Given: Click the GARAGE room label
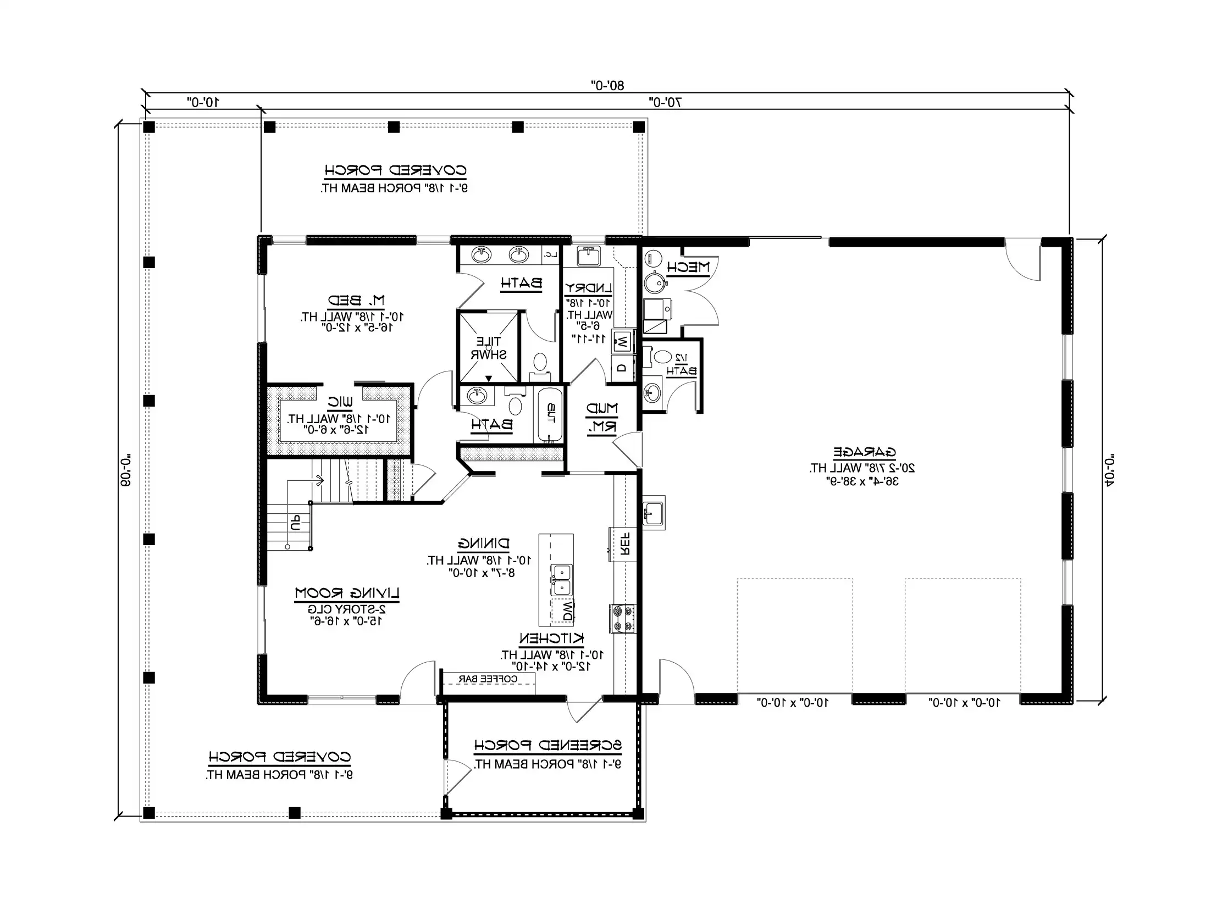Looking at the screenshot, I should pyautogui.click(x=864, y=452).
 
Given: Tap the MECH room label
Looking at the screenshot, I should pyautogui.click(x=688, y=267).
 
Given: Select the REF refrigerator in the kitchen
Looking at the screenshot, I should pyautogui.click(x=623, y=544).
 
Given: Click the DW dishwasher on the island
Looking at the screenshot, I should pyautogui.click(x=567, y=612).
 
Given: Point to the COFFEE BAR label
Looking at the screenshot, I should pyautogui.click(x=488, y=679).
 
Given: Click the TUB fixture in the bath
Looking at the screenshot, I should pyautogui.click(x=550, y=414).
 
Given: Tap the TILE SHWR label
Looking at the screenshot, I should pyautogui.click(x=488, y=348).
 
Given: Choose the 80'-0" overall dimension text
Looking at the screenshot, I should pyautogui.click(x=607, y=85).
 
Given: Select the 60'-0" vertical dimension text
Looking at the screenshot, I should pyautogui.click(x=126, y=470).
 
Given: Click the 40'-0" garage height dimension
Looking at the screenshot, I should pyautogui.click(x=1110, y=470).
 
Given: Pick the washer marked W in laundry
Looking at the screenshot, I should pyautogui.click(x=622, y=342).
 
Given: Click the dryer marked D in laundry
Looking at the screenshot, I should pyautogui.click(x=622, y=368).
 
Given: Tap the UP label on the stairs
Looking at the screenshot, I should pyautogui.click(x=296, y=523).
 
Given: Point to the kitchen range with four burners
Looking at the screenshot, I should pyautogui.click(x=622, y=618).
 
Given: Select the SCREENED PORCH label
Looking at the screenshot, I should pyautogui.click(x=547, y=745).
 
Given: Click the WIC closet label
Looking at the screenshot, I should pyautogui.click(x=340, y=402).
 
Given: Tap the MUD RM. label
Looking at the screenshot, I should pyautogui.click(x=602, y=418).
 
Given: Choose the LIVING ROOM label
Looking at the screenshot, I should pyautogui.click(x=347, y=593).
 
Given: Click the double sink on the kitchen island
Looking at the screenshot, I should pyautogui.click(x=561, y=579).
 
